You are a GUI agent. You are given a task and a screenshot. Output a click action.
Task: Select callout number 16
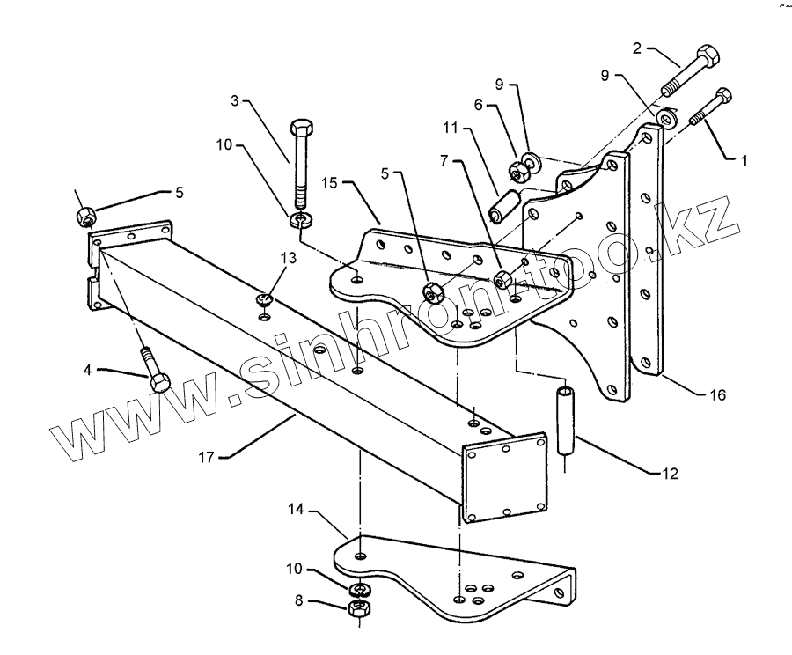(719, 395)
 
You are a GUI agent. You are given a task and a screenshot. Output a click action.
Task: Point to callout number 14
(297, 508)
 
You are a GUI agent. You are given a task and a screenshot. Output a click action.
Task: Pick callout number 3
(235, 101)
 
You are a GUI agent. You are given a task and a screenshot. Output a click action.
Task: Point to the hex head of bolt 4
(160, 383)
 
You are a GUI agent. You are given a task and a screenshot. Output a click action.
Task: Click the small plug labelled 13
(264, 302)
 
